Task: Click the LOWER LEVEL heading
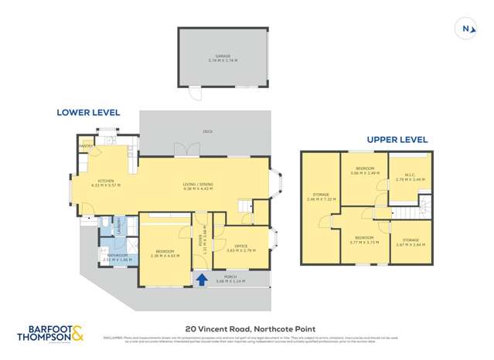click(x=87, y=112)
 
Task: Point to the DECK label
click(x=208, y=132)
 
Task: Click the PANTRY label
click(x=86, y=145)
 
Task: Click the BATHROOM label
click(x=118, y=256)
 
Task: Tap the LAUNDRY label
click(x=121, y=226)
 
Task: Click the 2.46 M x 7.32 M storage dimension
click(x=319, y=199)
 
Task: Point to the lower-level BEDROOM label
click(x=164, y=251)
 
